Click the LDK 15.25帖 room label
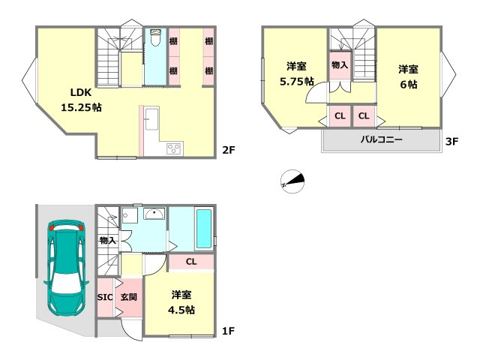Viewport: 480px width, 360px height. (81, 100)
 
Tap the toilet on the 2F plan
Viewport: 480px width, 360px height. (156, 37)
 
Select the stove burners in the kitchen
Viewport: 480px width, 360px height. (175, 148)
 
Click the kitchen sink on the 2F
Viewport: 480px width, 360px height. (151, 118)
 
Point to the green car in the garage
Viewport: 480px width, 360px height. (66, 268)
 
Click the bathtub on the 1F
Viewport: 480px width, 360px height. (203, 229)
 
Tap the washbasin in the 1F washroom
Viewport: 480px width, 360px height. (155, 213)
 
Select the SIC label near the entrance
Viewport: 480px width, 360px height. (105, 297)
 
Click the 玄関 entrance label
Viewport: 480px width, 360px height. (128, 297)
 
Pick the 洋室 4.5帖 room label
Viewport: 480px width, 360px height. (181, 302)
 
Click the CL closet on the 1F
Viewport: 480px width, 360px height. (191, 262)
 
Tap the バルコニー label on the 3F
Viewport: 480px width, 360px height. (381, 139)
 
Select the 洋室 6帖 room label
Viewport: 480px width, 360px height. (408, 76)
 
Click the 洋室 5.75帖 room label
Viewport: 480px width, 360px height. (297, 73)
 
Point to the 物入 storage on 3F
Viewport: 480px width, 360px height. (340, 65)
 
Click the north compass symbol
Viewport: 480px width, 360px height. (292, 181)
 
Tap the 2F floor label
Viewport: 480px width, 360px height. (228, 150)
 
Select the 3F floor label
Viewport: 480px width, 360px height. (451, 141)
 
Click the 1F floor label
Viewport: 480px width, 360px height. (228, 331)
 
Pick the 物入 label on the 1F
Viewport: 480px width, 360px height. (107, 241)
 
